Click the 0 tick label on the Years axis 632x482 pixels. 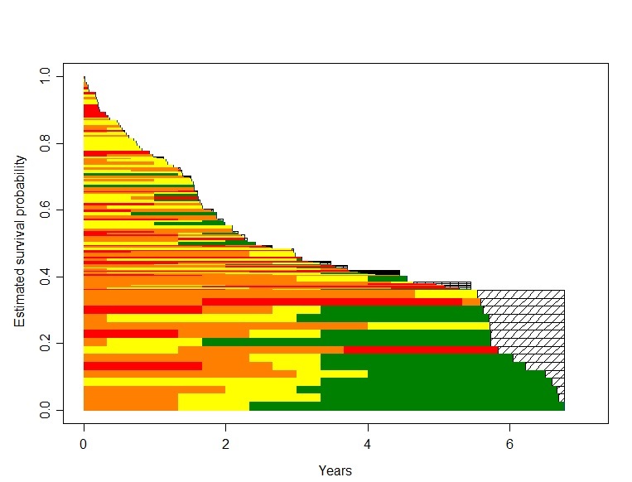click(x=84, y=445)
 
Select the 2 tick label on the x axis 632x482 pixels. click(x=225, y=445)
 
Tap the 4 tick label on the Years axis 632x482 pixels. click(x=368, y=445)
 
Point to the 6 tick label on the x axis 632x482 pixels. click(x=509, y=445)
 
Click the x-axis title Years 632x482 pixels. click(x=335, y=470)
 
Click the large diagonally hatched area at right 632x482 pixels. click(x=530, y=323)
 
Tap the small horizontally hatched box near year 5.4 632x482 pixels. click(x=456, y=285)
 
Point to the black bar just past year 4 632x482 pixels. click(x=385, y=272)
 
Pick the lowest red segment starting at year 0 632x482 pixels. click(x=141, y=366)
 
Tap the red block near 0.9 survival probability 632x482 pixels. click(x=91, y=111)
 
